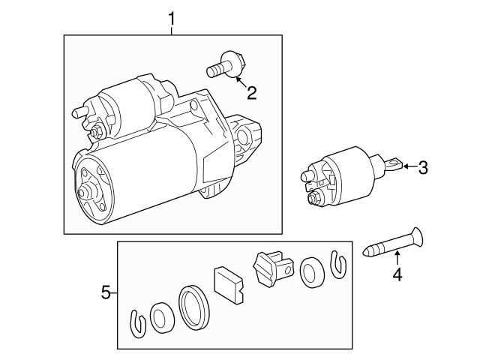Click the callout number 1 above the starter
172,16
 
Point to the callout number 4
397,276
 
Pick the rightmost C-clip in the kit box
339,262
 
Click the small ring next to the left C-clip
160,318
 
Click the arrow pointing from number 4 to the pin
396,260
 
